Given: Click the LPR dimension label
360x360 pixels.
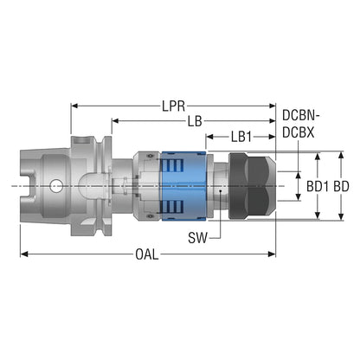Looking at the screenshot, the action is [173, 106].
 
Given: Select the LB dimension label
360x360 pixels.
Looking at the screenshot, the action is [195, 121].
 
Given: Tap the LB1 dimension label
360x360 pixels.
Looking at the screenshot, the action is [241, 137].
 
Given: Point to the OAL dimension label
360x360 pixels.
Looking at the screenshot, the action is [147, 254].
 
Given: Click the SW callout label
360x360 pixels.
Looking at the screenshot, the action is [197, 238].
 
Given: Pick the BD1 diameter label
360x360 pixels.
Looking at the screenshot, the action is [318, 187].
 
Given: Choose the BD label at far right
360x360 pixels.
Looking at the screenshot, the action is [341, 187].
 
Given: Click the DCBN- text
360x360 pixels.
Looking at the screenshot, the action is [301, 116].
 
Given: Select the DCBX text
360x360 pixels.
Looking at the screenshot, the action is [298, 132].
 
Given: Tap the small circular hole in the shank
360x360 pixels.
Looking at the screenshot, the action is [55, 186].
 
